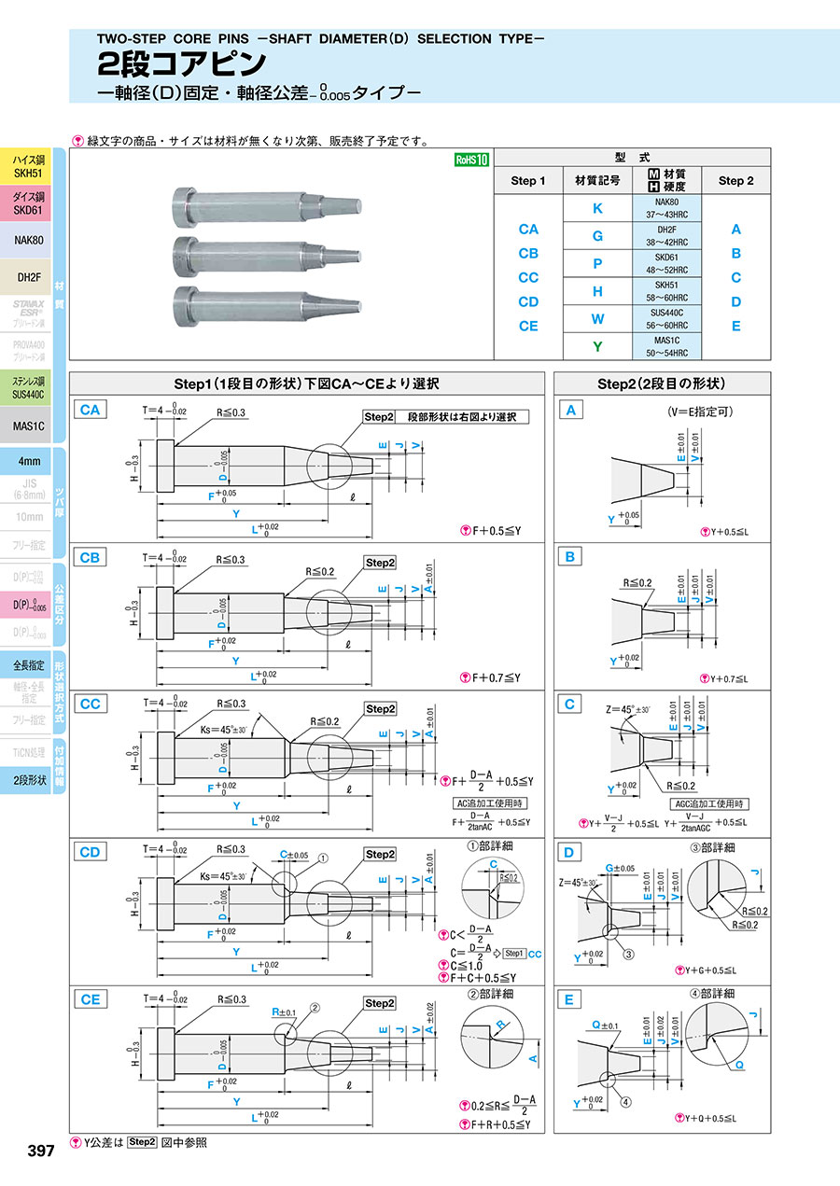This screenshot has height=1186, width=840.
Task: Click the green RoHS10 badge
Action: tap(471, 160)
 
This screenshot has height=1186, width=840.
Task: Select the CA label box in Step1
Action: tap(91, 409)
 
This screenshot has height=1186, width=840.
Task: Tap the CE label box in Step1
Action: tap(91, 998)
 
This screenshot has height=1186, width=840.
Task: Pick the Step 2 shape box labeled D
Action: tap(568, 851)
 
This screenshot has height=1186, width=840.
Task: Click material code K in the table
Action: tap(597, 208)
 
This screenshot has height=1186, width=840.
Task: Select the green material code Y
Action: tap(597, 347)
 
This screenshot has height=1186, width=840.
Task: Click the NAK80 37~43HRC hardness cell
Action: tap(666, 208)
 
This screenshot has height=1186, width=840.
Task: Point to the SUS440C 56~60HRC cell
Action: tap(666, 319)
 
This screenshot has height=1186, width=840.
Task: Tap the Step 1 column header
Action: tap(528, 180)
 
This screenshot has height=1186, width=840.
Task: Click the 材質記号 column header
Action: tap(597, 180)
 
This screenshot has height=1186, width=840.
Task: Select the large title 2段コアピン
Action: tap(182, 63)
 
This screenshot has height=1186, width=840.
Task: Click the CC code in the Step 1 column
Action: tap(528, 277)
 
